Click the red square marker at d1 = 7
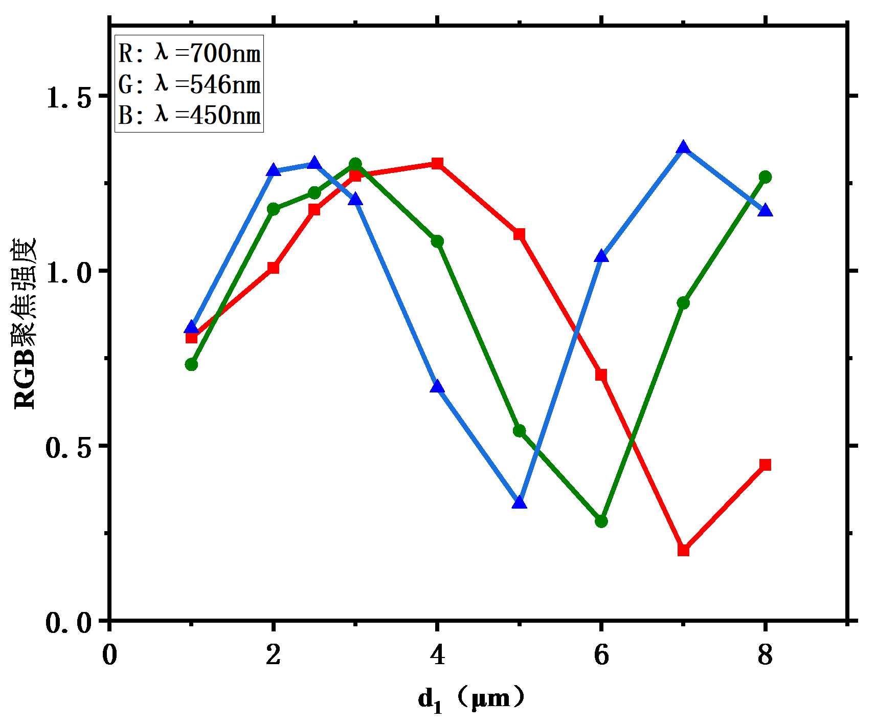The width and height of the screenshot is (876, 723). pos(683,550)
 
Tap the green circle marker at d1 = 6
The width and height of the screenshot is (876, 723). pos(601,521)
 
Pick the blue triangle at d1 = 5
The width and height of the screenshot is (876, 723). pos(519,502)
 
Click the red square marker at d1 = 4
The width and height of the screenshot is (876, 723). pos(437,164)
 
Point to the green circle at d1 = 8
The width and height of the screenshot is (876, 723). pos(765,177)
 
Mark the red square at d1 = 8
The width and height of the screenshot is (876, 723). pos(765,465)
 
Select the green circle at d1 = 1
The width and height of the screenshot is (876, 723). pos(191,364)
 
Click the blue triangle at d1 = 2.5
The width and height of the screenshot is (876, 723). pos(315,163)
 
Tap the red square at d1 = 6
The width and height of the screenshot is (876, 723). pos(601,375)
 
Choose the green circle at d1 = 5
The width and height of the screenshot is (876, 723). pos(519,431)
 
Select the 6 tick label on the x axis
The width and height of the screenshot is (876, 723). pos(601,655)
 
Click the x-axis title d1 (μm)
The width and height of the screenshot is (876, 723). pos(470,699)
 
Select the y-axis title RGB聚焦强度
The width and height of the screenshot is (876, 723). pos(26,323)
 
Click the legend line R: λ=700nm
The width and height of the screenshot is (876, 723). pos(189,53)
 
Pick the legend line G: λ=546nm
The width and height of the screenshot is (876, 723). pos(189,84)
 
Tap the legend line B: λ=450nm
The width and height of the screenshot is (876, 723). pos(189,115)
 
